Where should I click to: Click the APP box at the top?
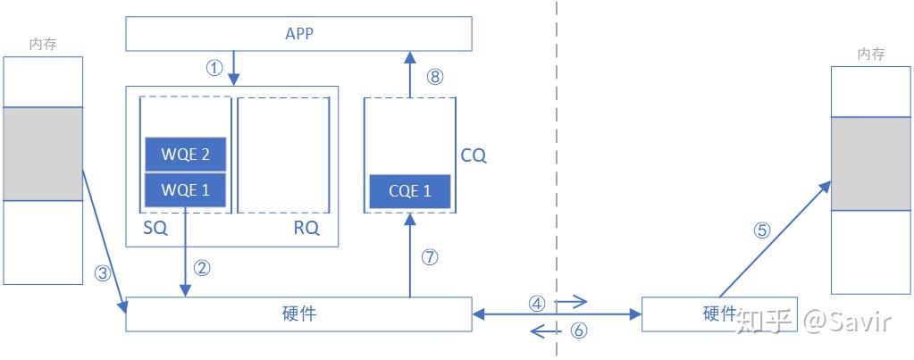pyautogui.click(x=298, y=34)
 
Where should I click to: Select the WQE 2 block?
pyautogui.click(x=186, y=155)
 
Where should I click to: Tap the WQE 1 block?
pyautogui.click(x=186, y=189)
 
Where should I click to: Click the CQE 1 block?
pyautogui.click(x=409, y=190)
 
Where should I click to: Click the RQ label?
pyautogui.click(x=306, y=228)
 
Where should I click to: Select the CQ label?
pyautogui.click(x=473, y=155)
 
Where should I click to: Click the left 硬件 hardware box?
pyautogui.click(x=298, y=314)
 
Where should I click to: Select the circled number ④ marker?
pyautogui.click(x=537, y=303)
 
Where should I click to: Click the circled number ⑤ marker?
pyautogui.click(x=761, y=230)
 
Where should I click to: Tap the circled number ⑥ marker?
pyautogui.click(x=578, y=331)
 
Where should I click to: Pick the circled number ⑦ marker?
pyautogui.click(x=430, y=257)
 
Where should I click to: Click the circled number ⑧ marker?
pyautogui.click(x=435, y=77)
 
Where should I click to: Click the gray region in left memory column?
pyautogui.click(x=43, y=154)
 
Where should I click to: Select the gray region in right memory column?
pyautogui.click(x=870, y=164)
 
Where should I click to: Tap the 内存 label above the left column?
pyautogui.click(x=42, y=44)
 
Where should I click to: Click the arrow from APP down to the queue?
pyautogui.click(x=233, y=68)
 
